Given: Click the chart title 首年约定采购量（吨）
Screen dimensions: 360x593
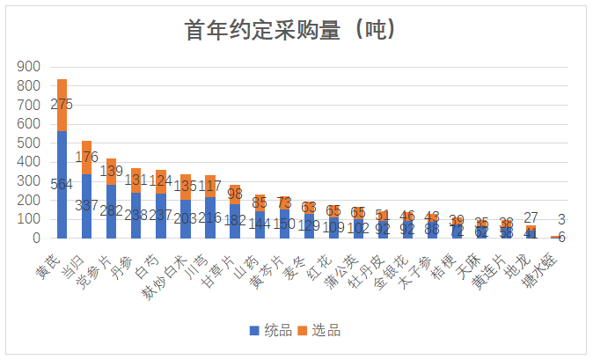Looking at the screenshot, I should point(296,30).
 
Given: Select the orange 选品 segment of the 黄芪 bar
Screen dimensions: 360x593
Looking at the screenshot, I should point(62,105).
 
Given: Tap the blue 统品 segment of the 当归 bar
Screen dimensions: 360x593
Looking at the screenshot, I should point(86,206).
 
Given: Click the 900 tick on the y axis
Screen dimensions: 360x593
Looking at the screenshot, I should point(29,67).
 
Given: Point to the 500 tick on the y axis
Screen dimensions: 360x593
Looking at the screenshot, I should point(29,143).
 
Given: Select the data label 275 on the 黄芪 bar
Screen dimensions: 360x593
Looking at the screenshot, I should point(62,105).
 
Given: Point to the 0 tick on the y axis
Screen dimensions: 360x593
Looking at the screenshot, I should point(36,238).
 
